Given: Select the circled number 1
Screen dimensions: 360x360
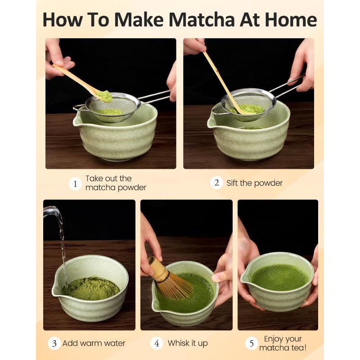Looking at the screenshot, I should click(75, 184).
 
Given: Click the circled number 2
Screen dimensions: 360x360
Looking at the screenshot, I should click(216, 183).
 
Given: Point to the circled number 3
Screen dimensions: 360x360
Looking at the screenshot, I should click(54, 343).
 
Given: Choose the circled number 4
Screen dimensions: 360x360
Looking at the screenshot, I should click(157, 343).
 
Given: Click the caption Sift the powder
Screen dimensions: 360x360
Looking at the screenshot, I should click(254, 183).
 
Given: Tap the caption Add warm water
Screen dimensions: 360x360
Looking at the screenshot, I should click(94, 343).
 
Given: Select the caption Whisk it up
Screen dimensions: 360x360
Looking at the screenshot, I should click(188, 343).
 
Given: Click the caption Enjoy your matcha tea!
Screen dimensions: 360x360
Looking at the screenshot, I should click(283, 343).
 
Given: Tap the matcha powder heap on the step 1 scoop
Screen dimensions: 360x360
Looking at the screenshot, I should click(104, 96).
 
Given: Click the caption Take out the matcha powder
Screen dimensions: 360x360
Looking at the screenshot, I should click(115, 183).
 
